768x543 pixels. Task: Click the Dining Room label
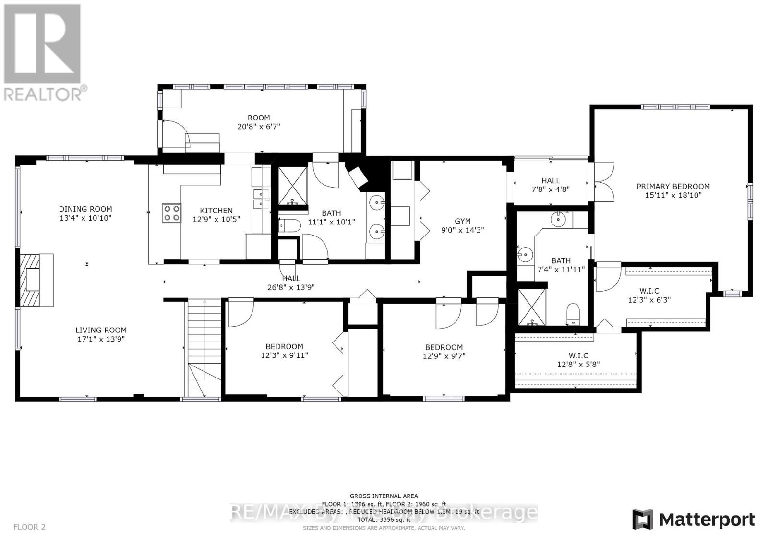tap(85, 209)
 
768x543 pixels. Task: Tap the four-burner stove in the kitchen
tap(171, 212)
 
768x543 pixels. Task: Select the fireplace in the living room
tap(36, 279)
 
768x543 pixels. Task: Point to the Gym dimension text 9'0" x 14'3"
tap(462, 230)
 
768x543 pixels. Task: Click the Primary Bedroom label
tap(672, 186)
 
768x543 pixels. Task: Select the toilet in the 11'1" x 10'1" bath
tap(288, 225)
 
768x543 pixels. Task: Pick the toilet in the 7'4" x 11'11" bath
tap(573, 314)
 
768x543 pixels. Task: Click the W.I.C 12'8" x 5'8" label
tap(578, 355)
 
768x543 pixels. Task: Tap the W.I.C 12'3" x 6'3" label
tap(649, 291)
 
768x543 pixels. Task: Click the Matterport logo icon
tap(642, 519)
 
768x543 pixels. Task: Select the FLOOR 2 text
tap(29, 527)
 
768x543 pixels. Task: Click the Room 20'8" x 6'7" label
tap(258, 118)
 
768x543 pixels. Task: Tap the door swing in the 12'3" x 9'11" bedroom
tap(239, 312)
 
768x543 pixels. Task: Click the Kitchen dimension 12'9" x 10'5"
tap(216, 219)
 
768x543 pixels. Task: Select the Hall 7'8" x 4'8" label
tap(550, 180)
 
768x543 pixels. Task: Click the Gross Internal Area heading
tap(383, 496)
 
